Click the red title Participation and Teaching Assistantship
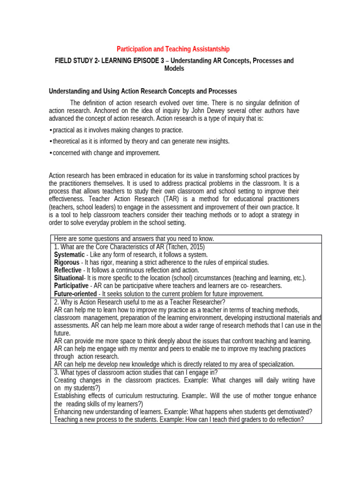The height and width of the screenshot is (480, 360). point(173,49)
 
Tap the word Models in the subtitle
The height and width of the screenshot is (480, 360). point(174,68)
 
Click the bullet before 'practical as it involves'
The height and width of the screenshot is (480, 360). point(50,130)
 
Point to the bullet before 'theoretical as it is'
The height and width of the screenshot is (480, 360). point(50,141)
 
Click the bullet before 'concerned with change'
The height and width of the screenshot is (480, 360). point(50,153)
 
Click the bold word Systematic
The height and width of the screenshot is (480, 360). point(69,255)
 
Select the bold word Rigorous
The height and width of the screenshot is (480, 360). point(67,262)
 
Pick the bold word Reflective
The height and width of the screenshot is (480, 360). point(67,270)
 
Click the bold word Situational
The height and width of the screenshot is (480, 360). point(68,278)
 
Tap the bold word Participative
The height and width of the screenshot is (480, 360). point(71,285)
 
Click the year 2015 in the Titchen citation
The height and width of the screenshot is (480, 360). point(197,247)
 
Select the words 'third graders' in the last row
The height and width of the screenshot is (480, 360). point(219,420)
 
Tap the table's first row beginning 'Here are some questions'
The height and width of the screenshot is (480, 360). point(134,239)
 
